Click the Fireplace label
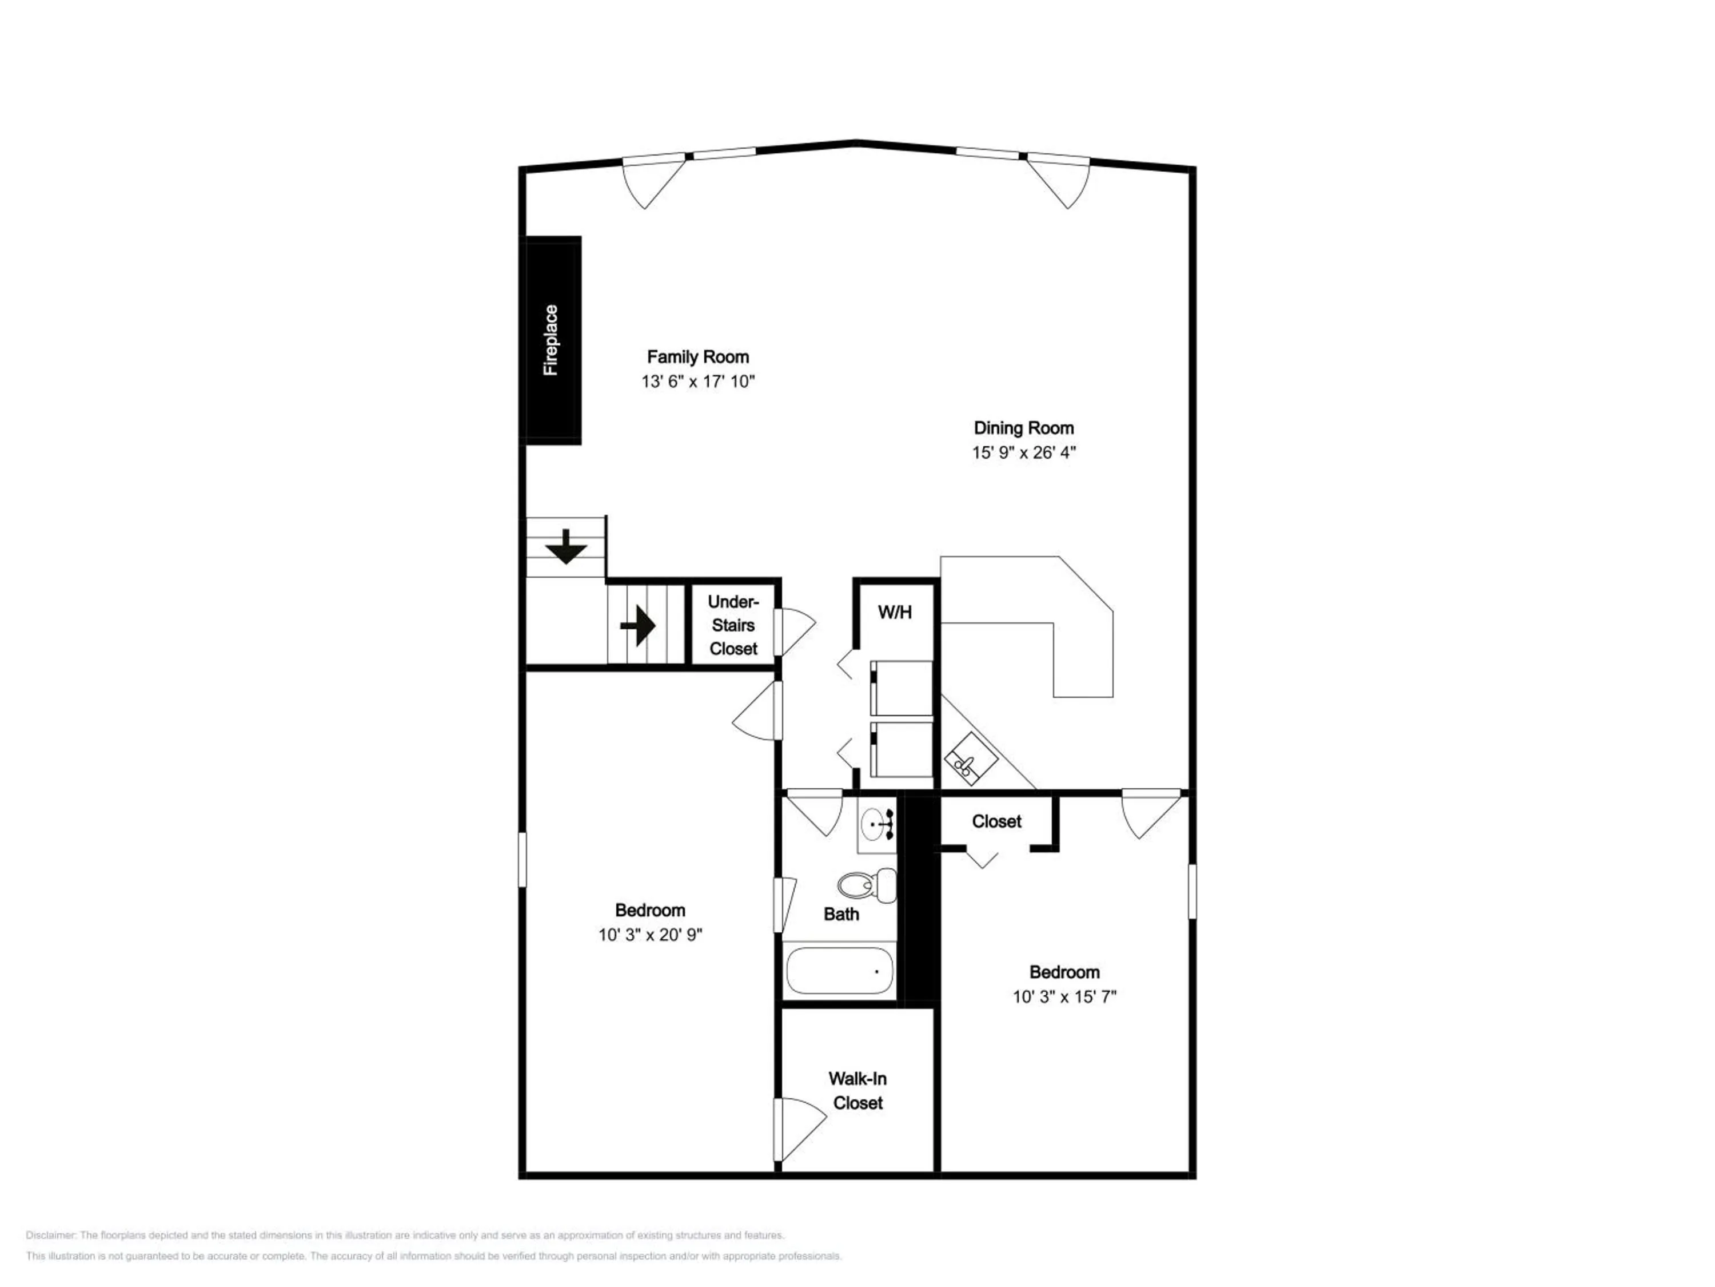click(551, 340)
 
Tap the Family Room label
click(698, 357)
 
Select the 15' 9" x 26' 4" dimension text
click(1024, 452)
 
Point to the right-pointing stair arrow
click(638, 625)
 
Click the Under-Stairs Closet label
click(733, 625)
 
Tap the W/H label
click(895, 612)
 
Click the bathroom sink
click(878, 823)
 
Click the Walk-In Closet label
click(857, 1090)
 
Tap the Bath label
click(841, 914)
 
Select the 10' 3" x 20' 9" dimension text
click(650, 935)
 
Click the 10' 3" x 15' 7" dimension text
click(1064, 997)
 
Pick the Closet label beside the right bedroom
click(996, 821)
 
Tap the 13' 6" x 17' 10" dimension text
click(698, 382)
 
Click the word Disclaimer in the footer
click(50, 1236)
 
